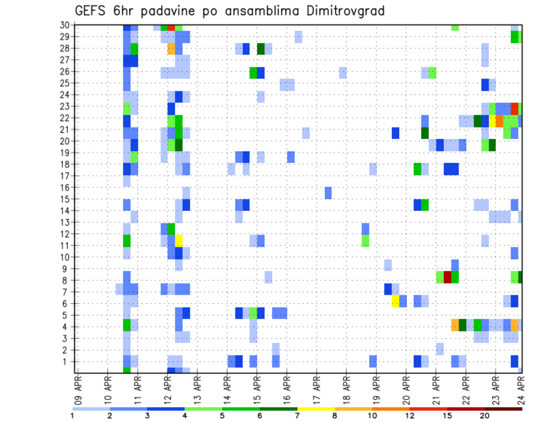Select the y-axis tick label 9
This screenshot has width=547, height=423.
tap(67, 269)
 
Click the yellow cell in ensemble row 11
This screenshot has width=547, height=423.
tap(178, 240)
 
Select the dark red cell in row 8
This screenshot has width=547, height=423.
tap(447, 277)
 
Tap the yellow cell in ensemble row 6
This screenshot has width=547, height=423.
tap(395, 301)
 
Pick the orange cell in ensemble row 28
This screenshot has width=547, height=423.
tap(171, 48)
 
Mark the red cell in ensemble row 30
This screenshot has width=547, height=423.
tap(171, 27)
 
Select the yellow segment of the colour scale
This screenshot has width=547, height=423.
tap(316, 409)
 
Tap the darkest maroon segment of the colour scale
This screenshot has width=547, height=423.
tap(504, 409)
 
